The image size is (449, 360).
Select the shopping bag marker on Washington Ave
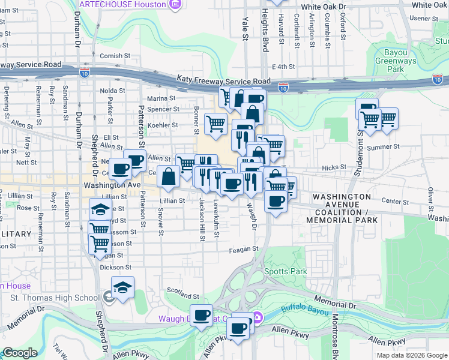(x=169, y=176)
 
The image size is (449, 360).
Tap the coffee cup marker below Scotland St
(x=202, y=314)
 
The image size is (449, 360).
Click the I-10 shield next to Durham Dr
(x=85, y=72)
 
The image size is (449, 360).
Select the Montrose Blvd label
(x=336, y=336)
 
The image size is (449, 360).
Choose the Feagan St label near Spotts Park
(x=243, y=249)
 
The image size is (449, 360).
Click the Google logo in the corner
(x=19, y=353)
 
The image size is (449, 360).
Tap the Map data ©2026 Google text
(x=411, y=355)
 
